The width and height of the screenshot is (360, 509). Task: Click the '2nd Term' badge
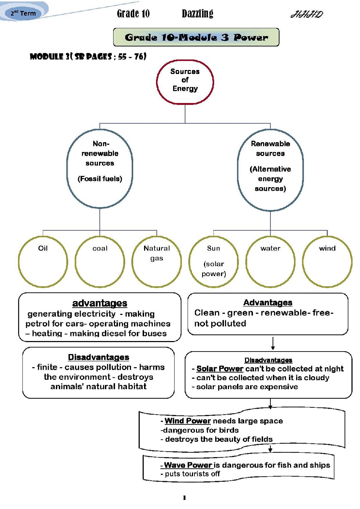[x=23, y=13]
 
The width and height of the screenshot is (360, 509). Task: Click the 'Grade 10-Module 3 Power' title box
[x=196, y=37]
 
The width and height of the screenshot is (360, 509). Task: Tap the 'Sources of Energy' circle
[x=185, y=82]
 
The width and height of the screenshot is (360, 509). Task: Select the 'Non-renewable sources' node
[x=100, y=169]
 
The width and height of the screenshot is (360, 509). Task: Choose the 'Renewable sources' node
[x=270, y=170]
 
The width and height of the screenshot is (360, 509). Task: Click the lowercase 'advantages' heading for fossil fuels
[x=100, y=303]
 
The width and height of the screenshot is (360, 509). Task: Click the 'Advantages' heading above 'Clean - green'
[x=268, y=303]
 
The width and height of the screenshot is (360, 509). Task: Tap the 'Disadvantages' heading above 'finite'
[x=99, y=357]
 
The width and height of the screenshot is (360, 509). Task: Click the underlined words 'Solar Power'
[x=220, y=369]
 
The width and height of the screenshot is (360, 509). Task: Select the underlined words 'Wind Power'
[x=188, y=421]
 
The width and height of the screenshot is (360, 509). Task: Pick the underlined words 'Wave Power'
[x=188, y=465]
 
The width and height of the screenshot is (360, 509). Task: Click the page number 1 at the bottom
[x=184, y=498]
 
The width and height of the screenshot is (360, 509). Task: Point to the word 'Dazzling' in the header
[x=197, y=14]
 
